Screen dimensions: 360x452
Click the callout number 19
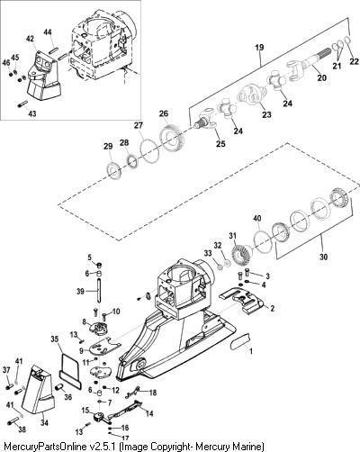tap(259, 48)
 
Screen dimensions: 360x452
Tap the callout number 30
tap(323, 257)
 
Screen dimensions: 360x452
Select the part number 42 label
tap(30, 39)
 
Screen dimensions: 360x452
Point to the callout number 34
tap(44, 422)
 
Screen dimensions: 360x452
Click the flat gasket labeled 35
tap(70, 372)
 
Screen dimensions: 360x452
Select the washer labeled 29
tap(115, 170)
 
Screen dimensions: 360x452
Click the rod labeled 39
tap(99, 291)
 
